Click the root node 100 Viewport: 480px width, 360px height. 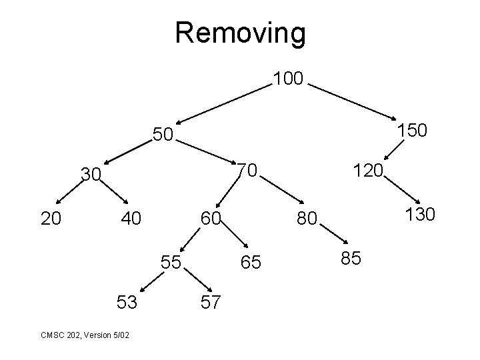(x=289, y=80)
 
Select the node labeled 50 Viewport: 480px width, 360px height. (x=162, y=135)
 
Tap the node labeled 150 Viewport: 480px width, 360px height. (x=412, y=131)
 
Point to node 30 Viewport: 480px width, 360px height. (x=91, y=175)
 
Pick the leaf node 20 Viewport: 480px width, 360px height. (x=51, y=217)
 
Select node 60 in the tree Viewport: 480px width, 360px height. (x=211, y=217)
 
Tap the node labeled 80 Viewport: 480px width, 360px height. (x=309, y=218)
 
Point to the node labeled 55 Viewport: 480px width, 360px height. (x=171, y=261)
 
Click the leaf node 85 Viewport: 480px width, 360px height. (x=351, y=258)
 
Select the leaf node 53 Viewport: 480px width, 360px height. (x=127, y=303)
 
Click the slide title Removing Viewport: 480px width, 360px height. (x=240, y=32)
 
